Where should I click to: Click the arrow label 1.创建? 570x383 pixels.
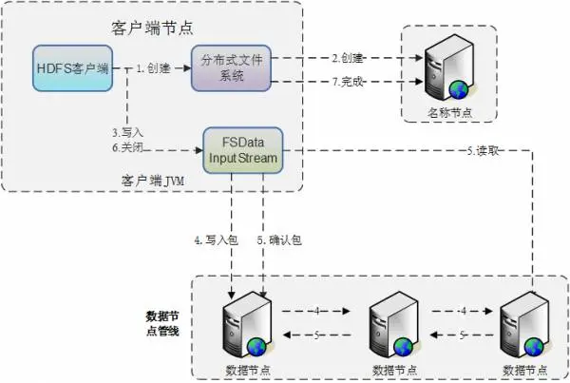point(155,67)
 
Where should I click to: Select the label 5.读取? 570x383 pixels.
point(484,149)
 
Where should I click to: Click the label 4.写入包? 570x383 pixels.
point(211,240)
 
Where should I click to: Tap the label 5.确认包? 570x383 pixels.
point(280,240)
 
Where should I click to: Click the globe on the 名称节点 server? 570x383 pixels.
point(460,89)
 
